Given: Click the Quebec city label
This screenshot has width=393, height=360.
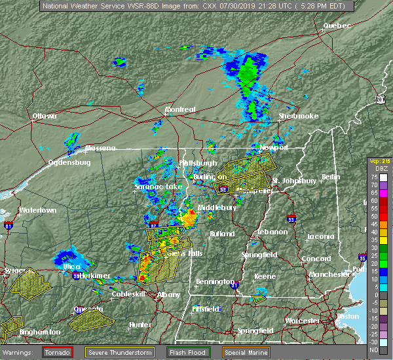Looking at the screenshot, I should pos(337,26).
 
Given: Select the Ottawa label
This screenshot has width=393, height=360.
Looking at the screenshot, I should pos(45,116).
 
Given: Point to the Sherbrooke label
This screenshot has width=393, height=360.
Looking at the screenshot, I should pos(298,116).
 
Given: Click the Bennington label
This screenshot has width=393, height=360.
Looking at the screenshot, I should pos(215,282).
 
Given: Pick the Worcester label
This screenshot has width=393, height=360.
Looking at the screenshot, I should pos(303,321).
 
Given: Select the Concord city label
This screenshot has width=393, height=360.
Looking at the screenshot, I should pos(316,259).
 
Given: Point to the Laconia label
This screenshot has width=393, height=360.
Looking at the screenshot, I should pos(321,236).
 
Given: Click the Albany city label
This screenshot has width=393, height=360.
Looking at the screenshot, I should pos(169,295).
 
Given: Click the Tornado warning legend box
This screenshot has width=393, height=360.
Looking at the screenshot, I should pos(58,352).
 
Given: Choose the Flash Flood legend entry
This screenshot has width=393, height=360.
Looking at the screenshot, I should pos(188,352).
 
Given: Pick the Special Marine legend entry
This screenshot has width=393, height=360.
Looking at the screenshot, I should pos(249,352).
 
